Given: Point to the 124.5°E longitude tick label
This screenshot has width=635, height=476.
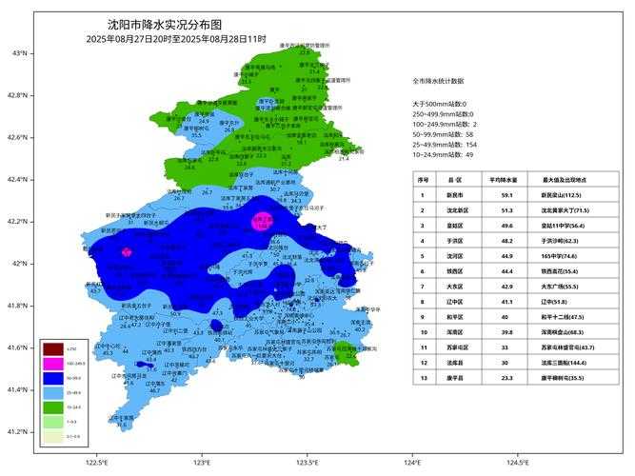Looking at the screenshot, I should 517,462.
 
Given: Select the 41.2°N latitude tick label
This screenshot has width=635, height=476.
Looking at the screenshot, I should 19,431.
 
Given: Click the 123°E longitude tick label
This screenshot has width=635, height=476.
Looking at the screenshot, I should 201,462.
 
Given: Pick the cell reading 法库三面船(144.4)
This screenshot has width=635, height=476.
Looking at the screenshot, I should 567,363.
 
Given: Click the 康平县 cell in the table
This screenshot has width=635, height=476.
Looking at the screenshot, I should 452,378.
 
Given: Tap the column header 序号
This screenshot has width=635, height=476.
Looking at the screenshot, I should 423,179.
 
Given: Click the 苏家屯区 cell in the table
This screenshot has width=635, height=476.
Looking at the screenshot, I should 452,347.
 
